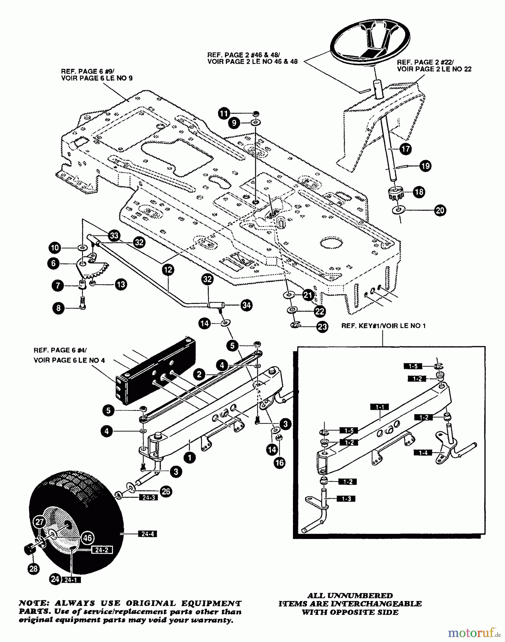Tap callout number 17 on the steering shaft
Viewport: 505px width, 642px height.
point(406,148)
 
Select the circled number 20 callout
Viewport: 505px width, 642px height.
point(440,210)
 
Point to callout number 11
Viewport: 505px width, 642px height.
point(223,114)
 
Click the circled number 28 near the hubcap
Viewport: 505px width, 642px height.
point(34,569)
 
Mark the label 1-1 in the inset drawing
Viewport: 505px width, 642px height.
point(380,407)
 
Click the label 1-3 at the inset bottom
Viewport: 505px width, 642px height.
point(346,499)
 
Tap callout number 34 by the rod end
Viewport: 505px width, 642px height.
point(246,305)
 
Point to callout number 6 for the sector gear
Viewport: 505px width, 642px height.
point(53,264)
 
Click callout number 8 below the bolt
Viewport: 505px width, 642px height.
point(59,308)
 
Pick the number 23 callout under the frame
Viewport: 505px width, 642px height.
point(322,327)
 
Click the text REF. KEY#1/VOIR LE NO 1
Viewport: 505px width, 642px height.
point(383,326)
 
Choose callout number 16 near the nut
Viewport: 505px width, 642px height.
point(280,463)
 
